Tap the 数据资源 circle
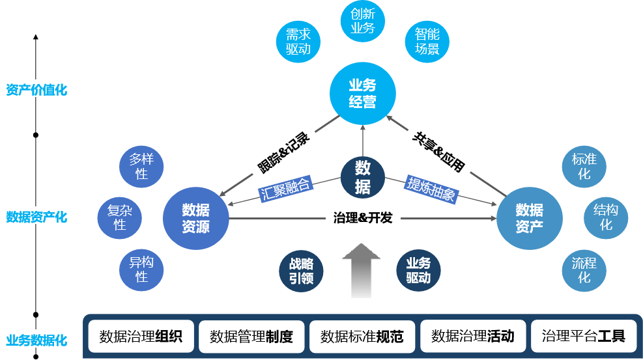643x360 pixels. [195, 218]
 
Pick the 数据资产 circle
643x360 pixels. [529, 218]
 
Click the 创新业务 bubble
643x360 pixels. [363, 21]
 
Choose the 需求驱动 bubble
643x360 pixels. [298, 42]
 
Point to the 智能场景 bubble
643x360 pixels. [427, 42]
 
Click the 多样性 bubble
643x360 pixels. [141, 167]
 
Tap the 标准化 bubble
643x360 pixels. [584, 167]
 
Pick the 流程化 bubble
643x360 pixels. [584, 270]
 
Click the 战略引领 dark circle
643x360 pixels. [301, 270]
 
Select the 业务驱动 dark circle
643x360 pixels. [418, 270]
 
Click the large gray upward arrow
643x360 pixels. [362, 270]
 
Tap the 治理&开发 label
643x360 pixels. [363, 218]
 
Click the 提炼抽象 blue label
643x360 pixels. [431, 188]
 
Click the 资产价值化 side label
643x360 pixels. [36, 90]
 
